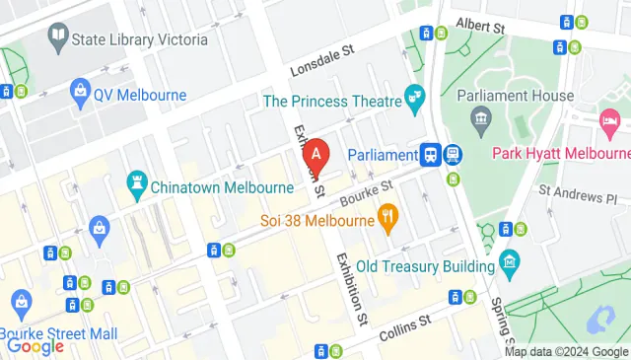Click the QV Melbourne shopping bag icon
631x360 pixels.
click(80, 95)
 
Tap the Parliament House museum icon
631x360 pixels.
click(481, 121)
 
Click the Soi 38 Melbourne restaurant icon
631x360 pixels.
click(389, 218)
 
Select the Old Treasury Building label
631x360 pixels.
click(425, 266)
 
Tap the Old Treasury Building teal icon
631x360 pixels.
click(508, 262)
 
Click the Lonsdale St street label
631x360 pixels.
click(321, 62)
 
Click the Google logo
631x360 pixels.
click(35, 345)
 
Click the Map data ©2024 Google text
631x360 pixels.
click(566, 352)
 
